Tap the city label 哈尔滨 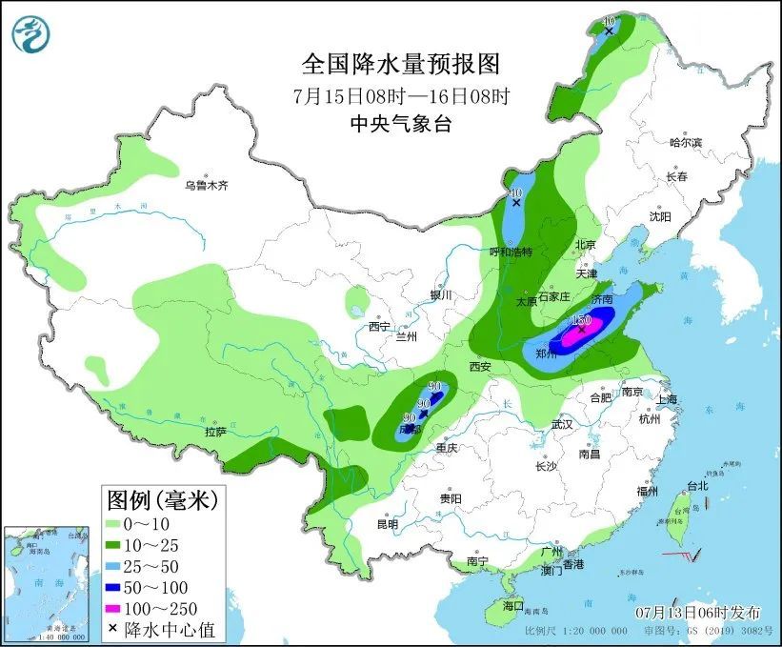point(684,142)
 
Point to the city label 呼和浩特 point(510,252)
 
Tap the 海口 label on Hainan point(513,605)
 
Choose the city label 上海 point(666,399)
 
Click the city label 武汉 point(562,423)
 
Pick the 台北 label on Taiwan point(697,485)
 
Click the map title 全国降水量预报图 point(400,64)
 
